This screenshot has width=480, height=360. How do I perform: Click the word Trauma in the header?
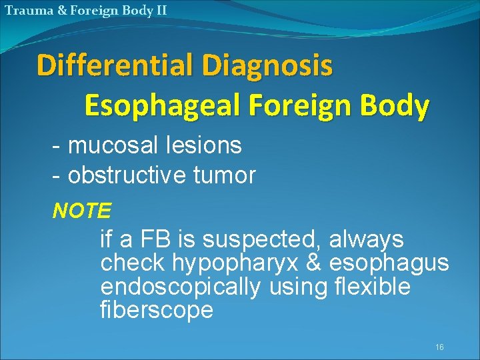[25, 10]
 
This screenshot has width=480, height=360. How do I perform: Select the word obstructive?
[127, 175]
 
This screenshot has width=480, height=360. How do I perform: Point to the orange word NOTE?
[81, 211]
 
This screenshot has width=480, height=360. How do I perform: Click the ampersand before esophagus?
[313, 263]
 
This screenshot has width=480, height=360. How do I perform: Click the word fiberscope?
[157, 311]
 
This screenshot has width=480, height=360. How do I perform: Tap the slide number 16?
[439, 347]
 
